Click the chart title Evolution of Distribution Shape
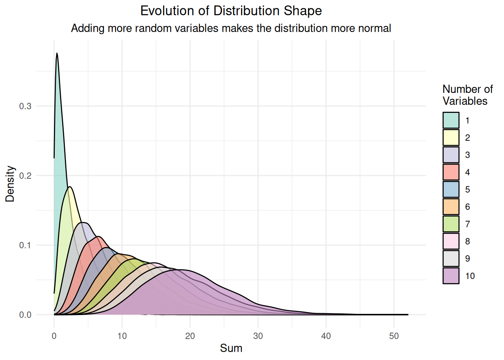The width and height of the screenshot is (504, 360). [231, 10]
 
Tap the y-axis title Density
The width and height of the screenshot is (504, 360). [10, 184]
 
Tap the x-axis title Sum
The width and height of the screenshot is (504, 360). [231, 348]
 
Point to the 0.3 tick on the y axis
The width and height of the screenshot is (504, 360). [25, 106]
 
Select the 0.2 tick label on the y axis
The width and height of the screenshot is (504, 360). [25, 175]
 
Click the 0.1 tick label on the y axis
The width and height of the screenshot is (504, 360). [25, 245]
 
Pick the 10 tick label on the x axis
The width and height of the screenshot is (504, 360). [122, 336]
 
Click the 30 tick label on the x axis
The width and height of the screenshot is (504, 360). [258, 336]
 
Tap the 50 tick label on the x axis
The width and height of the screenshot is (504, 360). [394, 336]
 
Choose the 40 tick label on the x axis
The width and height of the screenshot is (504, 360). [326, 336]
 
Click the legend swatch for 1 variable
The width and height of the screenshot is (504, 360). [451, 120]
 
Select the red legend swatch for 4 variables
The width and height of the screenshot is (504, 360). [451, 172]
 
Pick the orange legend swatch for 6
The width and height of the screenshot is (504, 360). [451, 207]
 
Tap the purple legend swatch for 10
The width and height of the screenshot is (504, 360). [451, 276]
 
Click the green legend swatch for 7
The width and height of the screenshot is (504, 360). [451, 224]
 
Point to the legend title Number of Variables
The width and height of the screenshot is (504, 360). [467, 95]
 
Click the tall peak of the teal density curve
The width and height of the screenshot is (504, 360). [57, 54]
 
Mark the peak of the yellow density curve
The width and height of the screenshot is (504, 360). [70, 187]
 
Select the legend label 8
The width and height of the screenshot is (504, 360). [467, 241]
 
